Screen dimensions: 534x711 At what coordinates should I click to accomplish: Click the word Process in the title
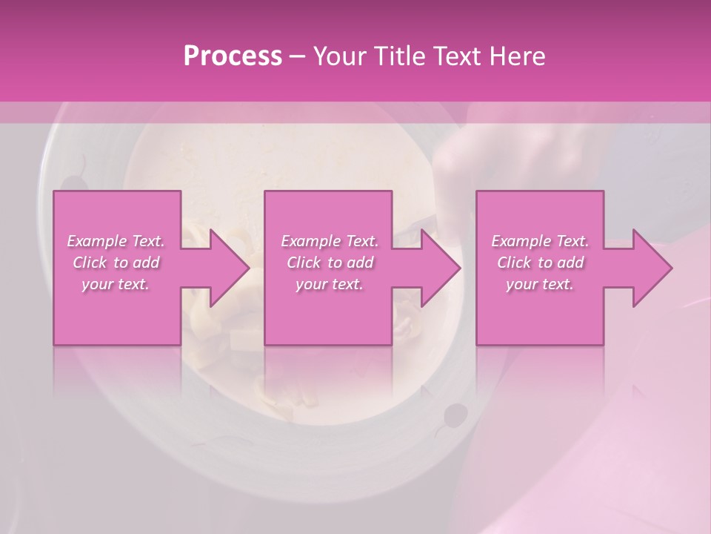point(233,56)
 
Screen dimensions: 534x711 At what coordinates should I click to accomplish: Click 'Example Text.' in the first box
point(116,241)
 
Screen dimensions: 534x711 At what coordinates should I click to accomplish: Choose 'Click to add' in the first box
point(116,263)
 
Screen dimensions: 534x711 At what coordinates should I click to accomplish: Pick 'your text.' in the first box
point(116,284)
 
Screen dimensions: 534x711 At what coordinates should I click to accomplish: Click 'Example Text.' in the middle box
point(330,241)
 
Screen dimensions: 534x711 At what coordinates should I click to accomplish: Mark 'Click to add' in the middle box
point(330,263)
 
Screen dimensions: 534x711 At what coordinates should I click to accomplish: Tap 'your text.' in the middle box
point(330,284)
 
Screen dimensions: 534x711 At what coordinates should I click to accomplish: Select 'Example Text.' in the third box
point(540,241)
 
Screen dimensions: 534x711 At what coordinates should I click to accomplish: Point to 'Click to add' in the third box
point(540,263)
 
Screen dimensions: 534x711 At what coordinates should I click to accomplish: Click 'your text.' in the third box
point(540,284)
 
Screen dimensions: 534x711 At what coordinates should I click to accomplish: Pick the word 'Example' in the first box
point(98,241)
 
